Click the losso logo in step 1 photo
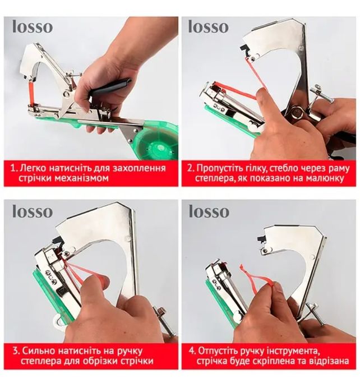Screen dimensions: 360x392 (33, 27)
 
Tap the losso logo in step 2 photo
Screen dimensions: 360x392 (208, 27)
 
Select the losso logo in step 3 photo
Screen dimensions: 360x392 (33, 211)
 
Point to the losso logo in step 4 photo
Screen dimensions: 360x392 (209, 211)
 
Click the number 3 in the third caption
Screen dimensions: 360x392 (16, 351)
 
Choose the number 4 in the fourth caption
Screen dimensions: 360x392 (192, 351)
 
